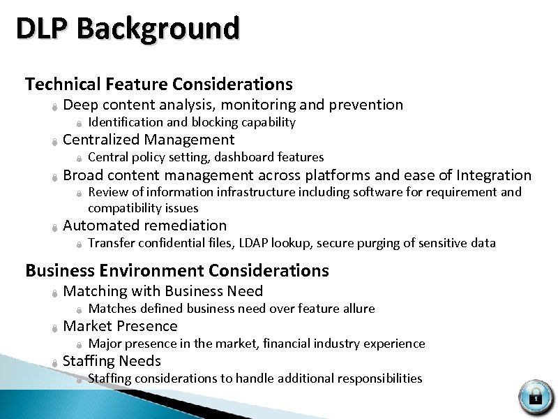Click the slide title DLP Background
pyautogui.click(x=128, y=29)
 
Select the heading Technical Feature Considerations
pyautogui.click(x=159, y=84)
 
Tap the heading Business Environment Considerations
pyautogui.click(x=177, y=270)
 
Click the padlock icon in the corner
pyautogui.click(x=536, y=397)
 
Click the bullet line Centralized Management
pyautogui.click(x=149, y=140)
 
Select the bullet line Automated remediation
pyautogui.click(x=144, y=226)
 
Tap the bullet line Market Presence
pyautogui.click(x=120, y=326)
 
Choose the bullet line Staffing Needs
pyautogui.click(x=112, y=361)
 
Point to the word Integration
pyautogui.click(x=494, y=175)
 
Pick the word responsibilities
pyautogui.click(x=380, y=378)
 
